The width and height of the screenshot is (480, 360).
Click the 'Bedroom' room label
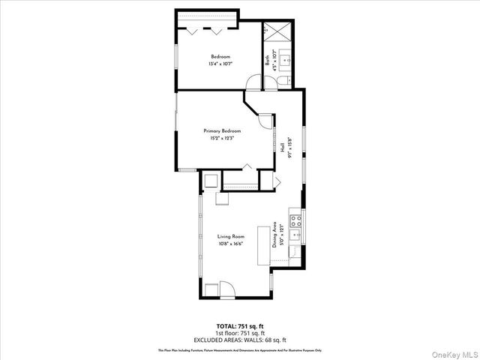(220, 57)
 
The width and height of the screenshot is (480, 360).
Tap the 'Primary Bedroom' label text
(221, 131)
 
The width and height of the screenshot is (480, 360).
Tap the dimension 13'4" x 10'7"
(220, 64)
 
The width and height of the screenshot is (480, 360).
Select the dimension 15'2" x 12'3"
(221, 139)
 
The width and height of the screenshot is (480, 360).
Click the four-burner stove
(295, 222)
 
